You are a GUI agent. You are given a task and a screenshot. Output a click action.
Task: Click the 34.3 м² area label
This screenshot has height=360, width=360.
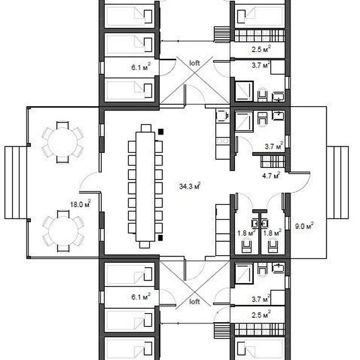click(190, 186)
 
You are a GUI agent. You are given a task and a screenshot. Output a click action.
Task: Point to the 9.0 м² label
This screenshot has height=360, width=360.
click(304, 226)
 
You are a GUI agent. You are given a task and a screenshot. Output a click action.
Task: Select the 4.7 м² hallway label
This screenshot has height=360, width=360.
click(271, 176)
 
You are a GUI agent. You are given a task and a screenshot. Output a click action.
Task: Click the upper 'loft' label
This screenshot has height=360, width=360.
click(195, 63)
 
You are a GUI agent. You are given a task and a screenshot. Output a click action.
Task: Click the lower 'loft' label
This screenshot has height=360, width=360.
click(195, 302)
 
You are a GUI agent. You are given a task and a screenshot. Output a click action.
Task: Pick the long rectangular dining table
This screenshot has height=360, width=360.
click(145, 186)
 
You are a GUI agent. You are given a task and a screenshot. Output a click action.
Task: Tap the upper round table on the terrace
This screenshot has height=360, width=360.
click(63, 142)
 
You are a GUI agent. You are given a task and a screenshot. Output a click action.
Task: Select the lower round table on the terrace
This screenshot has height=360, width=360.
click(63, 231)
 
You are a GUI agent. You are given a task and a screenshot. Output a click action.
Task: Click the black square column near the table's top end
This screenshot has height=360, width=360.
click(160, 131)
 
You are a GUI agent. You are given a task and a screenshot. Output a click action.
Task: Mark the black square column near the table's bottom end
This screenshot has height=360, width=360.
click(160, 238)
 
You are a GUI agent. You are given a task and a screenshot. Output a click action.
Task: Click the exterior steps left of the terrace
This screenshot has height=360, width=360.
click(16, 183)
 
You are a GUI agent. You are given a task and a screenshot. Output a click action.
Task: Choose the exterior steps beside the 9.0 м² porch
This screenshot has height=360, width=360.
click(338, 183)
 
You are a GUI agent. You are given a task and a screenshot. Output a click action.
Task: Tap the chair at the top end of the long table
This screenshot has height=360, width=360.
click(146, 128)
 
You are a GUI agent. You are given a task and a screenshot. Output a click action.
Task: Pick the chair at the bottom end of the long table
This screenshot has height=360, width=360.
click(145, 244)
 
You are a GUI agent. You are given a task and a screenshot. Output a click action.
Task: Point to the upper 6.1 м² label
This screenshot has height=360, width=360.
click(141, 67)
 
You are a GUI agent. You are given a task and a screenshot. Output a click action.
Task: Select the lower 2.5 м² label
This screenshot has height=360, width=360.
click(261, 315)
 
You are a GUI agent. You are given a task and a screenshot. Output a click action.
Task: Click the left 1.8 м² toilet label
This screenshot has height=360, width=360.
click(246, 233)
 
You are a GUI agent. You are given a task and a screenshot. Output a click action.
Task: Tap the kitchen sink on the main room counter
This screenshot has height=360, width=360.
click(222, 116)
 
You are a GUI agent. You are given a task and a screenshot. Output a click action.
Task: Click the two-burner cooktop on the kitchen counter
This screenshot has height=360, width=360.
click(223, 141)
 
